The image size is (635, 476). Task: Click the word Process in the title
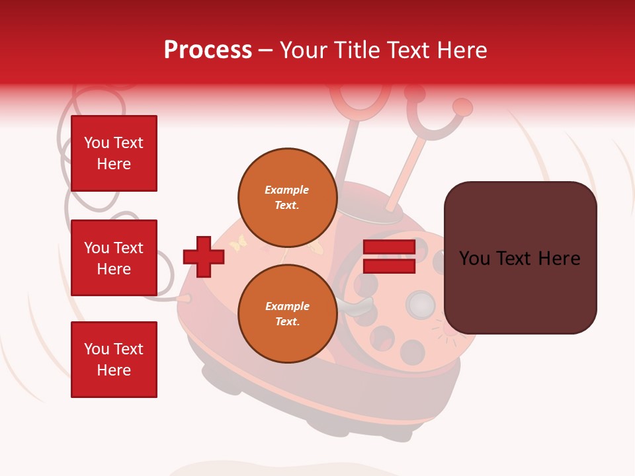(208, 50)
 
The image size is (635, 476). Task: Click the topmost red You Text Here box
(114, 153)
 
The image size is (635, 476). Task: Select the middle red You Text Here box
(114, 258)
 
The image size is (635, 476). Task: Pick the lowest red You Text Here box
(114, 360)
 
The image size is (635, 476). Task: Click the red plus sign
(204, 257)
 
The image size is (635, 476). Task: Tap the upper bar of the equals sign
(389, 247)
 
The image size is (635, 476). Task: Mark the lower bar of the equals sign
(389, 266)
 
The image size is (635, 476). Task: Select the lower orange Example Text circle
(287, 313)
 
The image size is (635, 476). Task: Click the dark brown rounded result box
(520, 258)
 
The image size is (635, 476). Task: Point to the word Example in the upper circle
(287, 190)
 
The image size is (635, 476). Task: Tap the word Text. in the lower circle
(287, 322)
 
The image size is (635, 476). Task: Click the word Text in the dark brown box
(519, 258)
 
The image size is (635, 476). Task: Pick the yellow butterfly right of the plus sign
(237, 243)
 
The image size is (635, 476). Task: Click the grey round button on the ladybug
(420, 304)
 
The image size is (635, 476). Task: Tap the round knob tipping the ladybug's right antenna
(463, 107)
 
